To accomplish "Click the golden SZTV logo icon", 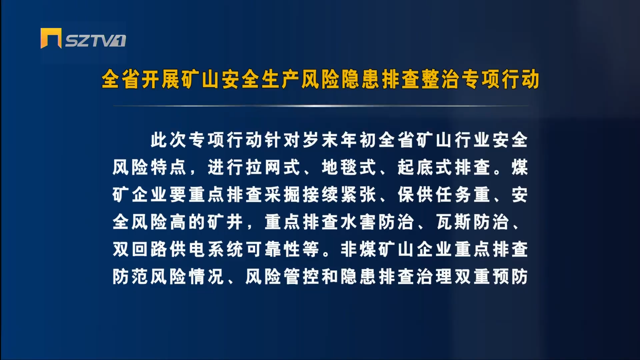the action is point(51,38).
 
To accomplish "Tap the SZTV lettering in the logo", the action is point(95,41).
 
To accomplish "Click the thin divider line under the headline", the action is point(321,106).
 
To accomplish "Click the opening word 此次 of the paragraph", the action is point(169,140).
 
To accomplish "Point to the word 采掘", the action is point(283,194).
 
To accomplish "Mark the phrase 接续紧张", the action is point(340,194).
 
